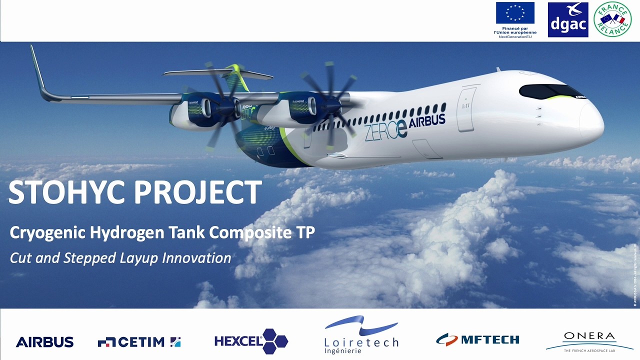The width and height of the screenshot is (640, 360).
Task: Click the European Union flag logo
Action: coord(515,13)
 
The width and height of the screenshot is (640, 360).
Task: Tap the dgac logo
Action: coord(567,20)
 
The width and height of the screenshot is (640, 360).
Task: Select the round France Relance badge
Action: coord(612,19)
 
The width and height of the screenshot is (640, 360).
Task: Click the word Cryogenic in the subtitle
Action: coord(40,233)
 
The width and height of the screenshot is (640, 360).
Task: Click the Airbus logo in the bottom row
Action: coord(44,342)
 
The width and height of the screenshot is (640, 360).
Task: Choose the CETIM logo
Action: coord(139,342)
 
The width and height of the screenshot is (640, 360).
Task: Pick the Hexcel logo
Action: coord(251,341)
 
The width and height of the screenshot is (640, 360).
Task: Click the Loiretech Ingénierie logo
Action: coord(361,335)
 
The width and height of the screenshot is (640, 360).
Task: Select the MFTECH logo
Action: coord(477,340)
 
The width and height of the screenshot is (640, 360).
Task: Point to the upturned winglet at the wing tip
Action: coord(38,70)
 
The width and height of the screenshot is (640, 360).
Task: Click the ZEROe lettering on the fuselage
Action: coord(385,131)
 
